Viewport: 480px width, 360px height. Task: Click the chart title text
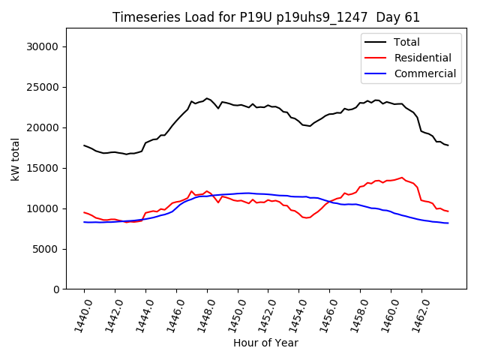click(266, 17)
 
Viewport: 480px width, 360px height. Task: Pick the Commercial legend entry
click(424, 73)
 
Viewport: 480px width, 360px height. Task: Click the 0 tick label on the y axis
click(58, 289)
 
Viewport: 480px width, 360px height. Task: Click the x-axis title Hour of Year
click(265, 343)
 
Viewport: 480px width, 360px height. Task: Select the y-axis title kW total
click(15, 159)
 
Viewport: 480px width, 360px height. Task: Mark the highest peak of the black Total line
click(207, 97)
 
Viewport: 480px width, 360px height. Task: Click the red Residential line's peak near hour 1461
click(402, 178)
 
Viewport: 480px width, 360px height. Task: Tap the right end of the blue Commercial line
click(448, 223)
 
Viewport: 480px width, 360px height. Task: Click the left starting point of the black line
click(84, 145)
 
